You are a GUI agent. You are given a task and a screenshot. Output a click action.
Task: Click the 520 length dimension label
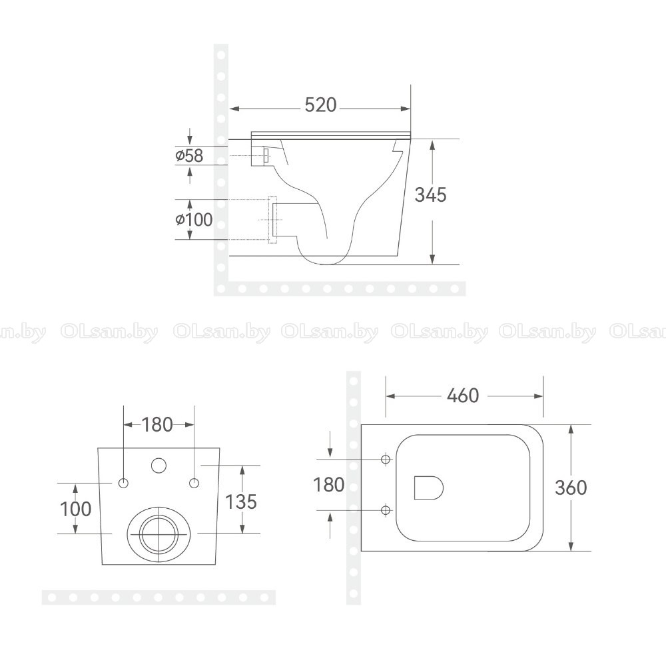(x=321, y=105)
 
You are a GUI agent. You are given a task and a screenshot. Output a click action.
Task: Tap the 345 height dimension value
(x=431, y=194)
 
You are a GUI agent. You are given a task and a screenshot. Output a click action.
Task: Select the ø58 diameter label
(x=189, y=155)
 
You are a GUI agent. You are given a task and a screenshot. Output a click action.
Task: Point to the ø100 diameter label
(x=194, y=220)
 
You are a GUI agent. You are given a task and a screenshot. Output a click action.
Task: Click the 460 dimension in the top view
(x=463, y=396)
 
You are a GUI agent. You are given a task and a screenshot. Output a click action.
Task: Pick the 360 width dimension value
(x=571, y=488)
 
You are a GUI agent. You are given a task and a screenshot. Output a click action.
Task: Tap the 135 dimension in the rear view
(x=241, y=501)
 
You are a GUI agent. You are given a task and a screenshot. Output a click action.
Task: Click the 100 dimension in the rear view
(x=76, y=509)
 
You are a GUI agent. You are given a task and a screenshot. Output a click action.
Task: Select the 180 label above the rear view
(x=157, y=424)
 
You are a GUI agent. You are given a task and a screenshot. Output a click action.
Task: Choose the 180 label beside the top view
(x=328, y=485)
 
